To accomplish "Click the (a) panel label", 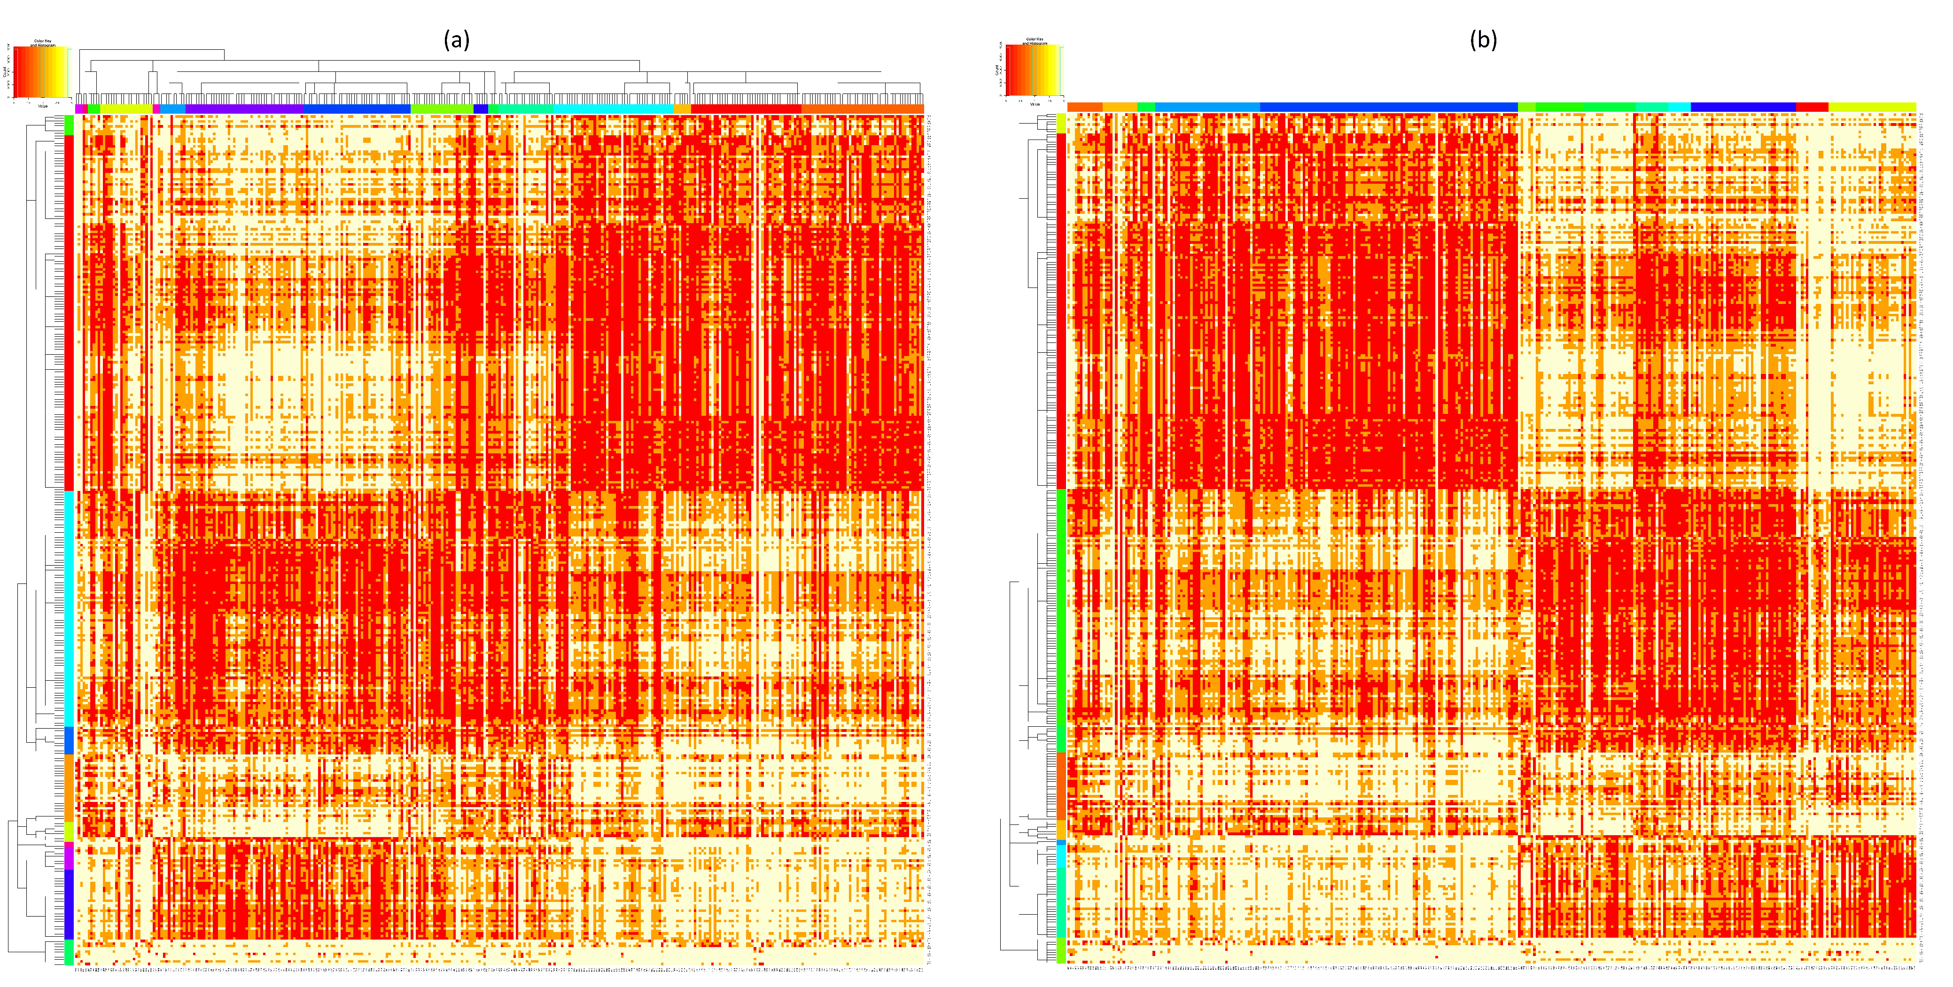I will (x=456, y=39).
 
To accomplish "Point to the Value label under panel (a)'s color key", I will (x=42, y=105).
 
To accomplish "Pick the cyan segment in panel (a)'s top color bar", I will (x=614, y=109).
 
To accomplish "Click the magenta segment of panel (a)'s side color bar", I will (x=69, y=855).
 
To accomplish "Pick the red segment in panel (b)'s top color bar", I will (x=1812, y=107).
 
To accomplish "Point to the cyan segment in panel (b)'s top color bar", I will (x=1679, y=107).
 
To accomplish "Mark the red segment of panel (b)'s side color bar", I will (x=1061, y=311).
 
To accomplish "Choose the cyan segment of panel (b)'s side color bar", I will (x=1061, y=891).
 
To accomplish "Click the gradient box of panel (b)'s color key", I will (x=1032, y=70).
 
